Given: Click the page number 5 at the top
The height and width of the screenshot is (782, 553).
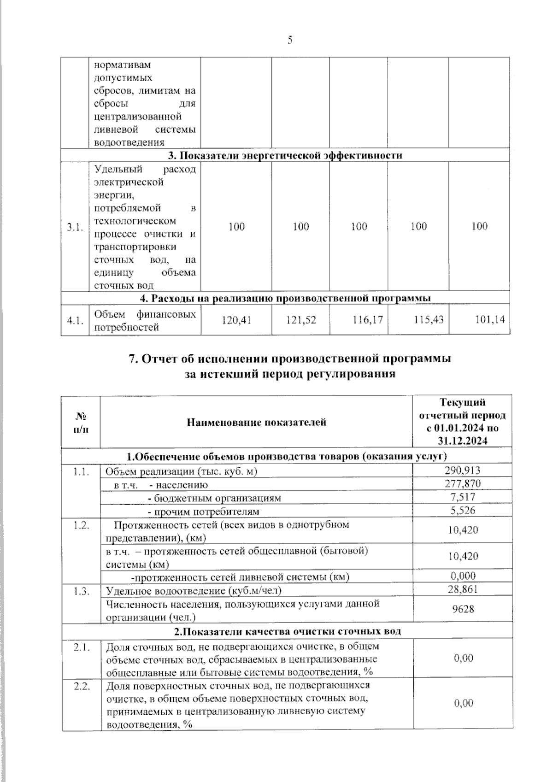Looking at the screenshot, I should [x=290, y=40].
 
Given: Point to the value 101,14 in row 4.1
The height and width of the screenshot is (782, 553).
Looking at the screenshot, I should [x=490, y=319].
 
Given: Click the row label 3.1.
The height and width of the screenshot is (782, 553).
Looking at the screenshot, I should [x=75, y=227].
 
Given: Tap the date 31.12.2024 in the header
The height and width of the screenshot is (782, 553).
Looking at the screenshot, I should [x=463, y=441].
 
